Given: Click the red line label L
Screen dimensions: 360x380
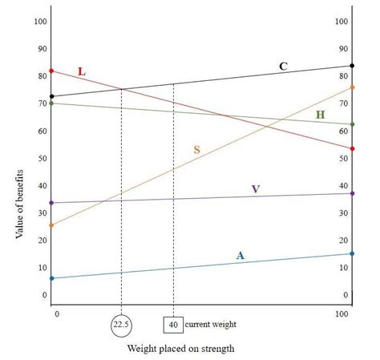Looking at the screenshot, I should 81,71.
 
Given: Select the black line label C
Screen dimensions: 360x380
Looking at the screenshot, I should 283,66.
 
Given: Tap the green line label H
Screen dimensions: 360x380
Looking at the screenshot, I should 320,115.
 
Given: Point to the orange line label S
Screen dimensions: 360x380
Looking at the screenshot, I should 196,149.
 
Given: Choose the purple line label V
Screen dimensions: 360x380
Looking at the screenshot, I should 255,189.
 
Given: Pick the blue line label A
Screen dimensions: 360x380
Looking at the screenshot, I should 240,256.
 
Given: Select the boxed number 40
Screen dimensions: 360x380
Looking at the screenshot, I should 173,325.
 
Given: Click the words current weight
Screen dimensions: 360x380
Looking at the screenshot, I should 210,325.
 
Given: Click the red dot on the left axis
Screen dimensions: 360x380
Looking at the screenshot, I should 52,71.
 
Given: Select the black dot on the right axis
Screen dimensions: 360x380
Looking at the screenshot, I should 352,65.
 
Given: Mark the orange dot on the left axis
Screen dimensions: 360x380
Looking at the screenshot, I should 52,225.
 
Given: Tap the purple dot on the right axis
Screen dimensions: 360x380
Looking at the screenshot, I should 352,193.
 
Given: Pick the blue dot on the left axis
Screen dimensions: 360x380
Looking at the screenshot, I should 52,278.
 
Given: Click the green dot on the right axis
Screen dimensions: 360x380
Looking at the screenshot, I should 352,124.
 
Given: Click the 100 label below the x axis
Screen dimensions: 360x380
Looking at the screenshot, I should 342,314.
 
